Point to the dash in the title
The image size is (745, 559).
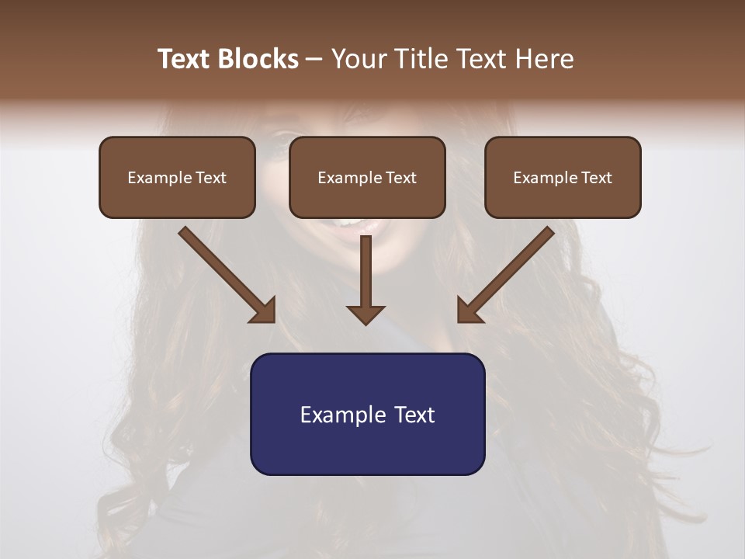click(x=314, y=60)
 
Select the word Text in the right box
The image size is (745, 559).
click(x=596, y=178)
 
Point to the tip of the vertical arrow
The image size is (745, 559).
click(x=366, y=322)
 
